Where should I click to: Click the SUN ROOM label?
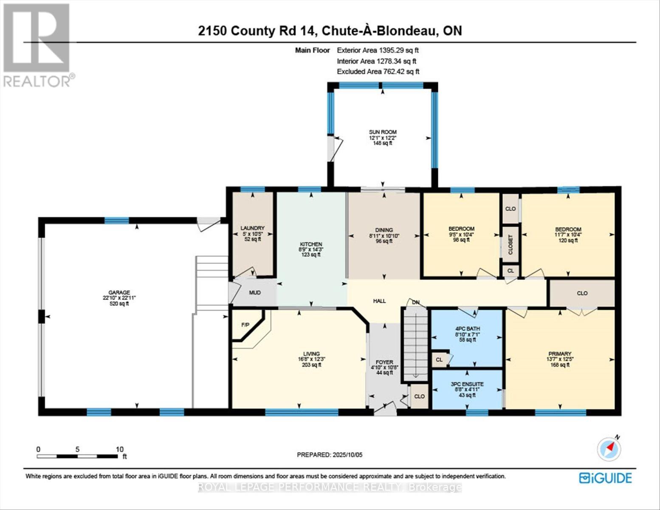(383, 132)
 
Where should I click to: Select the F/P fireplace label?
(245, 325)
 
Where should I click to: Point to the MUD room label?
(254, 293)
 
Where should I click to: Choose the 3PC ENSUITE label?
(467, 384)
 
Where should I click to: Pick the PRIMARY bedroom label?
(559, 354)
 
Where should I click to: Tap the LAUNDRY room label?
(252, 228)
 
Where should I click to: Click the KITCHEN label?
(311, 244)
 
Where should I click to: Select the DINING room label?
(384, 230)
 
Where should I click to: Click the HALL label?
(379, 301)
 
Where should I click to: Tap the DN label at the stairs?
(416, 302)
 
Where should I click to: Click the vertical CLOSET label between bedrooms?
(511, 245)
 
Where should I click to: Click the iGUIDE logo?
(606, 478)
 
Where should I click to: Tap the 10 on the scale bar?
(120, 449)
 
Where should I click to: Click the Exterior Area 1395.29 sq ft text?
(378, 50)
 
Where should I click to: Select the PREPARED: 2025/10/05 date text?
(330, 455)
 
